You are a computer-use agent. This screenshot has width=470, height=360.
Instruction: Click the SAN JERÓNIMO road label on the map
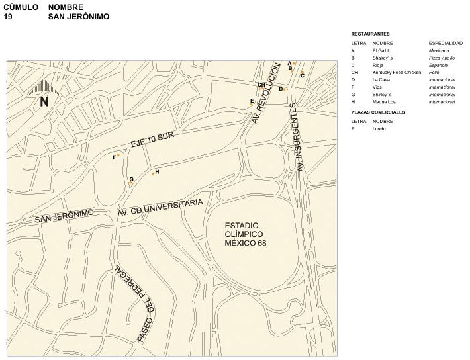(x=64, y=216)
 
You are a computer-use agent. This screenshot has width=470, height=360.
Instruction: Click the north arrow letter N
(x=44, y=102)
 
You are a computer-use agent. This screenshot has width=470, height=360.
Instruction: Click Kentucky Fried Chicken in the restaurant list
(x=397, y=72)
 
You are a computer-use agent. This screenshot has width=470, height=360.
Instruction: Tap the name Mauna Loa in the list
(x=383, y=102)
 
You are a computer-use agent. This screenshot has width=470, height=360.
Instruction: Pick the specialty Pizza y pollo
(x=442, y=58)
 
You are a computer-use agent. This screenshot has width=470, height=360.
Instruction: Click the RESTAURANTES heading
(x=371, y=34)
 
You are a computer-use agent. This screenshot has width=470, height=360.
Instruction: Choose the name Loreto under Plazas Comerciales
(x=379, y=128)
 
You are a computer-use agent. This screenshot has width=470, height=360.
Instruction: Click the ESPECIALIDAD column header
(x=446, y=43)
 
